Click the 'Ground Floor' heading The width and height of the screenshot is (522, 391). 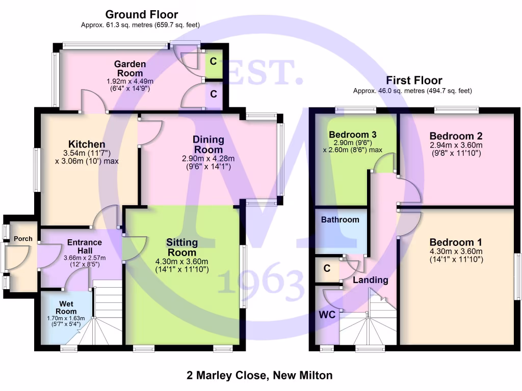[141, 15]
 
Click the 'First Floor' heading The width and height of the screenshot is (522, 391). [414, 80]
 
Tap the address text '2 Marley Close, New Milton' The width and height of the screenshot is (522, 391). [259, 376]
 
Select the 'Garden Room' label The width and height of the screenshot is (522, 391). [129, 69]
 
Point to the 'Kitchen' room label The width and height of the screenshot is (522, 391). [87, 145]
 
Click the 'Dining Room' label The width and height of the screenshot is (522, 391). [208, 145]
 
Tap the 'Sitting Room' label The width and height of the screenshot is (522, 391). [182, 247]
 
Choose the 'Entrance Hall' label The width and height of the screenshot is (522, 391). [85, 246]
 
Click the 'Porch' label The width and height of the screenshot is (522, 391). [23, 239]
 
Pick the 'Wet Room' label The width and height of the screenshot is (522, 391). [66, 308]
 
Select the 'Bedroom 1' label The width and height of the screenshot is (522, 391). [456, 242]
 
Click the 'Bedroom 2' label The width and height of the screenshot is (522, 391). [456, 136]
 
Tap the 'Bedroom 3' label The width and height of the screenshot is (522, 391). [353, 135]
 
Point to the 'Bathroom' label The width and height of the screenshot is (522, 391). [340, 220]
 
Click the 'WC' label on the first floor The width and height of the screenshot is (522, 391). [327, 315]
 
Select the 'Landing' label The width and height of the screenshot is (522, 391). [371, 280]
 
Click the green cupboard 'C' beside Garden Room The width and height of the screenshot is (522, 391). [214, 62]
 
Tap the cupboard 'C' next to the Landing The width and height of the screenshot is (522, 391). [327, 268]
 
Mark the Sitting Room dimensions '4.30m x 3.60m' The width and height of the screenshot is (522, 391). [182, 262]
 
